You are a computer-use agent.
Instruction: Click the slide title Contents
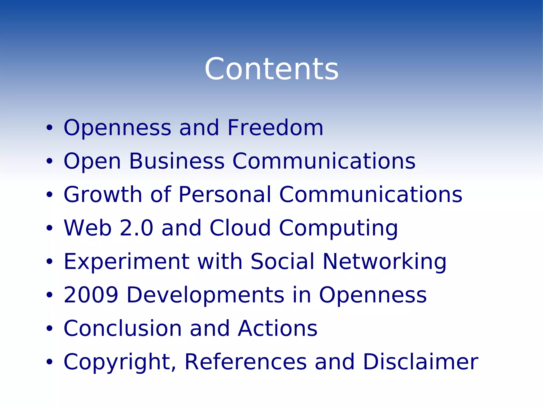coord(271,69)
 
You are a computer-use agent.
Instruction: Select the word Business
coord(177,161)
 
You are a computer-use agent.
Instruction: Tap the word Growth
coord(103,195)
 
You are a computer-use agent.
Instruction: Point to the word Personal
coord(225,195)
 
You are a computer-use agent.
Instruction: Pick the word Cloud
coord(240,228)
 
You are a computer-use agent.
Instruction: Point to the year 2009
coord(91,295)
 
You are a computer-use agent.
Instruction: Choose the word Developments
coord(205,295)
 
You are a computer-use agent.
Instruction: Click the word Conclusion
coord(123,328)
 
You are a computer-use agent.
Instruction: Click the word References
coord(246,362)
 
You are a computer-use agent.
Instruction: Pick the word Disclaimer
coord(421,362)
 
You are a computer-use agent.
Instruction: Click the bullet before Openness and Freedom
coord(49,128)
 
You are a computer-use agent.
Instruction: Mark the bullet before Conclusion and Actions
coord(49,329)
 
